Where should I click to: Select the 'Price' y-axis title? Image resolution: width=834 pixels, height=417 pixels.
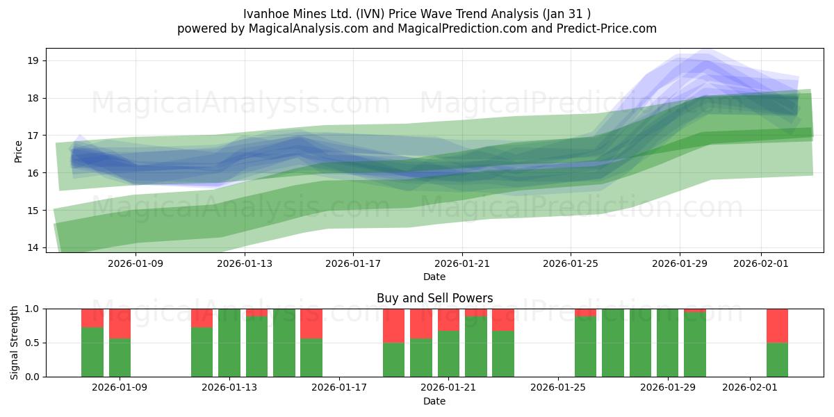pyautogui.click(x=18, y=151)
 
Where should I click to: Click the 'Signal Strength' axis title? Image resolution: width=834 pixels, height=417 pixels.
pyautogui.click(x=15, y=343)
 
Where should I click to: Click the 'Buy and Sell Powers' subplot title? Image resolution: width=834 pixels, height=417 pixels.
pyautogui.click(x=434, y=298)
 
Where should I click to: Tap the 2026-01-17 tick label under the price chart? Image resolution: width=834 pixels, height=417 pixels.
pyautogui.click(x=352, y=263)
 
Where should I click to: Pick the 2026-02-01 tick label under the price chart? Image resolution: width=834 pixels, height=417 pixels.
pyautogui.click(x=760, y=263)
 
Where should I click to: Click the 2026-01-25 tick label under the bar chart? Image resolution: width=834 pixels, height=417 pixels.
pyautogui.click(x=558, y=387)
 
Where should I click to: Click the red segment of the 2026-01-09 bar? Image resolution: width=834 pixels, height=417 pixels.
pyautogui.click(x=120, y=323)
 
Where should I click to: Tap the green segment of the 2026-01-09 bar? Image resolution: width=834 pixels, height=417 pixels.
pyautogui.click(x=120, y=358)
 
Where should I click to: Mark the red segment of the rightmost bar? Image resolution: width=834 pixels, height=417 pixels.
pyautogui.click(x=777, y=325)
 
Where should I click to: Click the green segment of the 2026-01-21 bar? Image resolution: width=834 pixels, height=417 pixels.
pyautogui.click(x=448, y=354)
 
